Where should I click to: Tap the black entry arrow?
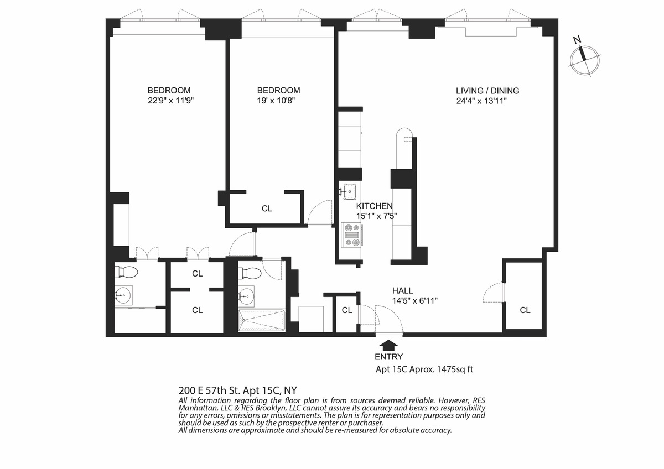point(388,345)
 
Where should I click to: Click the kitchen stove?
point(352,235)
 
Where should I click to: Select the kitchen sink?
point(349,191)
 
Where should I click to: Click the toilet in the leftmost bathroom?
point(127,272)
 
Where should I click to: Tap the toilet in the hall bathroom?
point(251,273)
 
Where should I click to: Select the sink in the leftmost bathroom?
point(123,295)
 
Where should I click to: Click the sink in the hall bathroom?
point(247,296)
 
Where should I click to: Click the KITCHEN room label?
point(375,206)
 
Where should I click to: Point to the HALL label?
point(403,291)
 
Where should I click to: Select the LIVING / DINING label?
point(487,91)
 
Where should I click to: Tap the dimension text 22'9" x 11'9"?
point(171,101)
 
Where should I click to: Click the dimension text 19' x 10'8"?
point(276,101)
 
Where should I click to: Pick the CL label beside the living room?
point(525,310)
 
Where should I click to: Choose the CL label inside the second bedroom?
point(267,209)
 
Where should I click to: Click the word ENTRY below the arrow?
point(388,357)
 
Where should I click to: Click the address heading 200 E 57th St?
point(209,390)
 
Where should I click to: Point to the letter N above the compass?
point(577,40)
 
